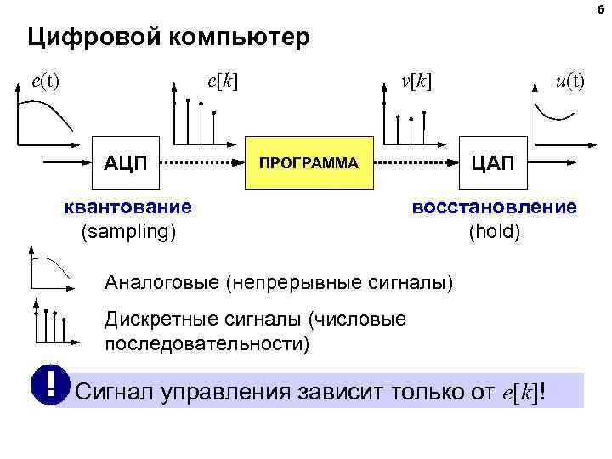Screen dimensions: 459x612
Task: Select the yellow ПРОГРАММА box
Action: [x=309, y=161]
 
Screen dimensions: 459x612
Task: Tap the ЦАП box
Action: [x=492, y=161]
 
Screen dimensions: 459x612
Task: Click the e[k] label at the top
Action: [x=222, y=82]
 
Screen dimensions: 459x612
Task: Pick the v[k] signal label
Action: [x=416, y=82]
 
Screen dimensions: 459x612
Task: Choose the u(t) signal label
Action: [x=569, y=82]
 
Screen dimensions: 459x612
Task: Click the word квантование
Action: [x=128, y=207]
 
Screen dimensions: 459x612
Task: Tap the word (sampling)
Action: [x=128, y=229]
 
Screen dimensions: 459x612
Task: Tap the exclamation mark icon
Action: [x=51, y=385]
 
